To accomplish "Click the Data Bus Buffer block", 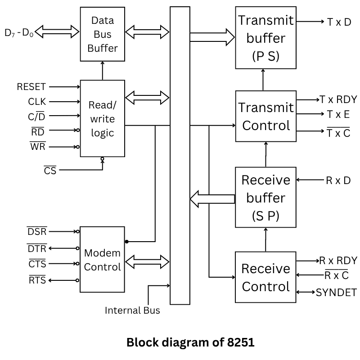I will pos(103,34).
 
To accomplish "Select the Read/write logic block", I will pos(103,118).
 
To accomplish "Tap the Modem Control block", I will pos(103,260).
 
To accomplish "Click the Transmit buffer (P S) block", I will pos(266,38).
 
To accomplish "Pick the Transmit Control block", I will pos(266,117).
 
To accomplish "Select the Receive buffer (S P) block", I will pos(266,198).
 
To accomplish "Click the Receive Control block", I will pos(266,277).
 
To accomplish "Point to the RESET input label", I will pos(31,87).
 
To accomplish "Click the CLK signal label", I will pos(37,102).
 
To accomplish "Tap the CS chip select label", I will pos(50,171).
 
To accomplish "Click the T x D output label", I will pos(339,22).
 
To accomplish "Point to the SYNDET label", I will pos(336,292).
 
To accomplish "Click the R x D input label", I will pos(338,180).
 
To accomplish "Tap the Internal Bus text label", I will pos(132,310).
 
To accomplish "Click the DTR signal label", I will pos(37,248).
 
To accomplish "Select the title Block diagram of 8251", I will pos(190,342).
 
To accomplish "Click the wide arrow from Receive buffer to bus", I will pos(212,198).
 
